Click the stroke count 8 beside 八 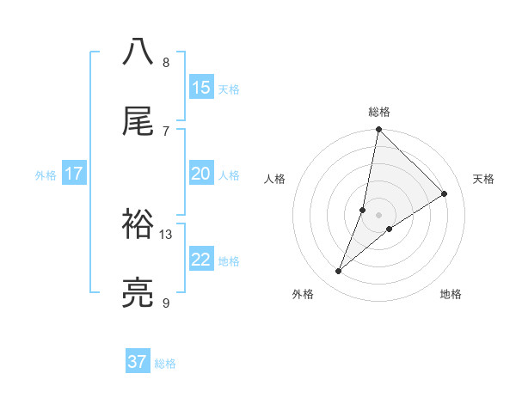point(166,63)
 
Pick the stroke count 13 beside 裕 point(166,234)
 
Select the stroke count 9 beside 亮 point(166,303)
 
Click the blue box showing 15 point(201,88)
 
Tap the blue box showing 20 point(201,174)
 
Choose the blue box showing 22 point(201,260)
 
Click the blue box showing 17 point(74,174)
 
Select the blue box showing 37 point(138,362)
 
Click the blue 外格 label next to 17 point(46,174)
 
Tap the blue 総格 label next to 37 point(165,364)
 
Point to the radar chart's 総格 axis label point(379,112)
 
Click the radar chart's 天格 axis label point(484,179)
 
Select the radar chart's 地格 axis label point(451,294)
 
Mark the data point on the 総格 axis point(378,130)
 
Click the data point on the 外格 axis point(338,272)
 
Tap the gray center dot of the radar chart point(378,215)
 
